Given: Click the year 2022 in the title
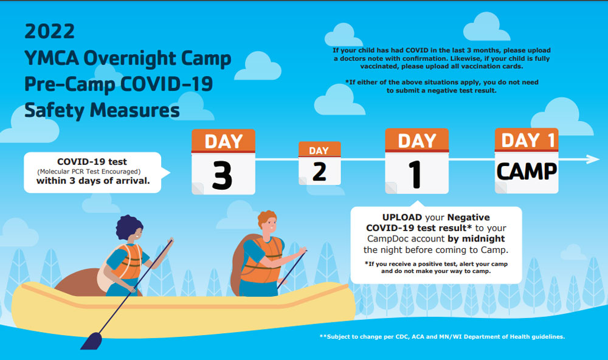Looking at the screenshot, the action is (49, 32).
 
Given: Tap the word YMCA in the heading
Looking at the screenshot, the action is (52, 58).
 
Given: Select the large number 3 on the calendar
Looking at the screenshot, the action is (222, 175).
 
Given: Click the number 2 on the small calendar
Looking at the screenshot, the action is (320, 172).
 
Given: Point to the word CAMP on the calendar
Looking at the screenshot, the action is (527, 171).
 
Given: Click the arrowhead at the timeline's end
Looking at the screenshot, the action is (593, 159).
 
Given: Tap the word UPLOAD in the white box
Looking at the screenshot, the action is (402, 217).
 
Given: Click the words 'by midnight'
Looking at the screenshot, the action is (476, 238).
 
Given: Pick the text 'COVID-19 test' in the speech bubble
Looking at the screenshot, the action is (92, 162).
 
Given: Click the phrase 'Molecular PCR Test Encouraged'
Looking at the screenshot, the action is (89, 171).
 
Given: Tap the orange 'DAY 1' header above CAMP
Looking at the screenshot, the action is (527, 140).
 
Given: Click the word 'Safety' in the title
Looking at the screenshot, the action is (54, 111).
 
